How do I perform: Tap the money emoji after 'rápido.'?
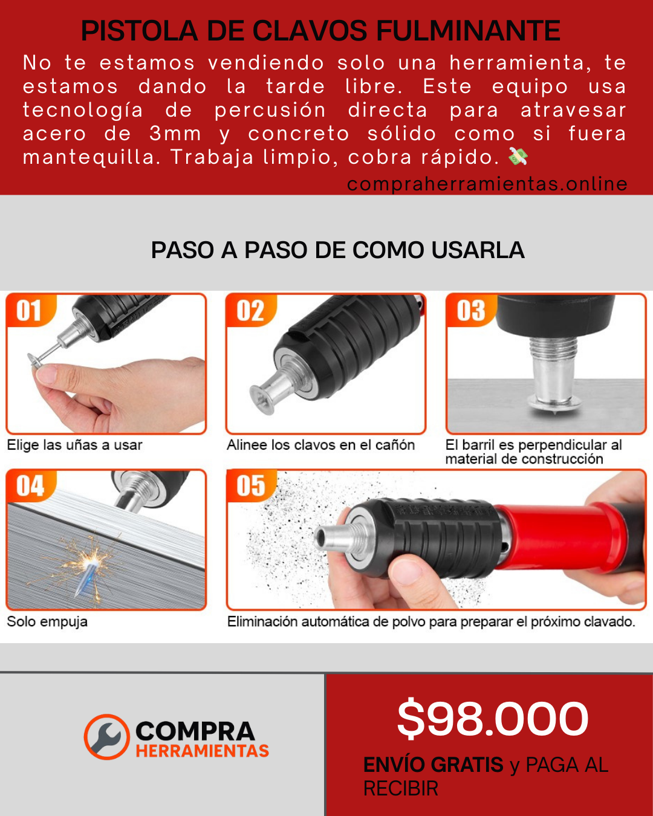coord(518,157)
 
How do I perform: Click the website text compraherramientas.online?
coord(487,184)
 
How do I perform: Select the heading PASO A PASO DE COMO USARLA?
coord(337,250)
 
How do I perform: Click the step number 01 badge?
coord(29,311)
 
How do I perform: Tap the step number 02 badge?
coord(250,311)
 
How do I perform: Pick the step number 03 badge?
coord(470,311)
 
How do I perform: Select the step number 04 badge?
coord(30,486)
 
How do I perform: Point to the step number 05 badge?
coord(250,486)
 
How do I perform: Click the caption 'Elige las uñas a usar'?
coord(74,445)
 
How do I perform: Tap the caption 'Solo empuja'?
coord(47,621)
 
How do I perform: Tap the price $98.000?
coord(492,719)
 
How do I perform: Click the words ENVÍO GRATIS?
coord(433,765)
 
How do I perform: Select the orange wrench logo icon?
coord(107,737)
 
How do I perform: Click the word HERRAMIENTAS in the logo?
coord(202,751)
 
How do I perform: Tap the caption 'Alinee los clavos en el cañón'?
coord(320,445)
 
